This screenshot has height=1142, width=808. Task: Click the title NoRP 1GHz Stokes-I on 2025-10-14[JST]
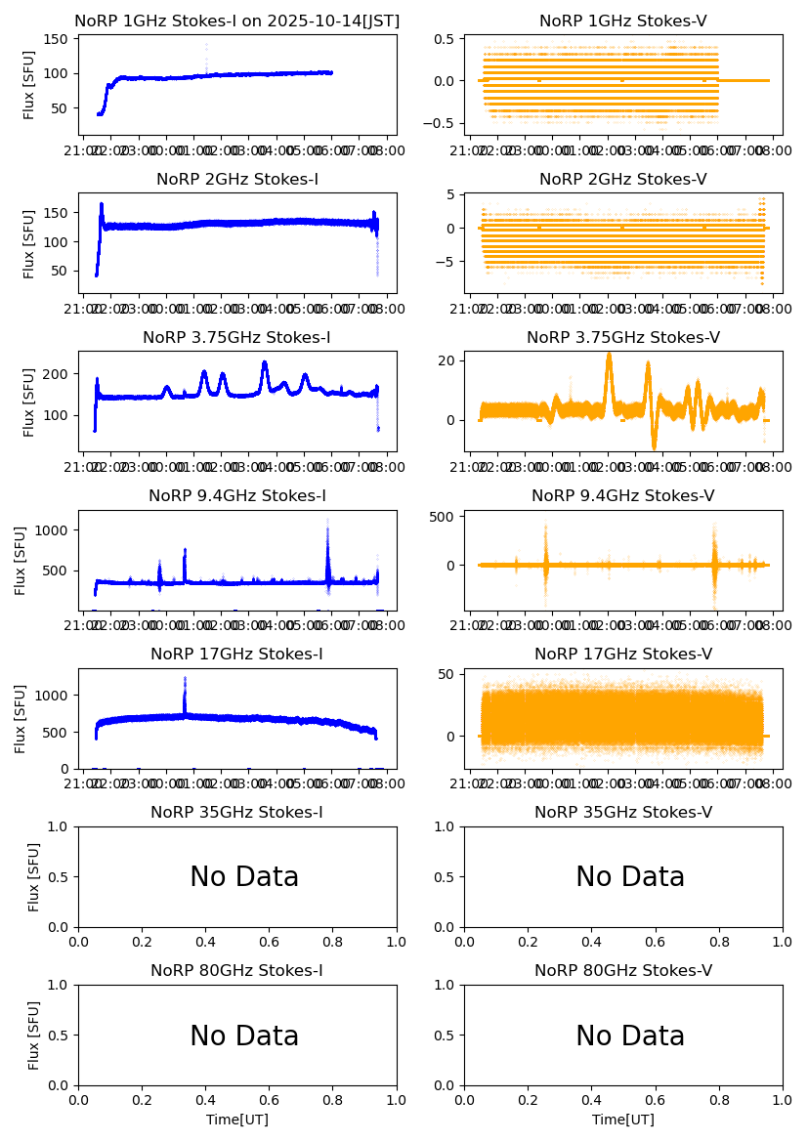(x=237, y=21)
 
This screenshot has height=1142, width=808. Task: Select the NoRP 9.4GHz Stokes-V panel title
(x=622, y=495)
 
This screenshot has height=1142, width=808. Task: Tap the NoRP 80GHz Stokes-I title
(x=236, y=970)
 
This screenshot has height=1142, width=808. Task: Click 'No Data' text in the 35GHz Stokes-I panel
(x=244, y=877)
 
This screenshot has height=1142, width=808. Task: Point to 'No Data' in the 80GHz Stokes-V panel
(x=630, y=1036)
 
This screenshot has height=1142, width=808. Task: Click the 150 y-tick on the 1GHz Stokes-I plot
(x=60, y=38)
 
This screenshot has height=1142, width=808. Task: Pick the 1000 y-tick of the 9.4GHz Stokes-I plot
(x=56, y=529)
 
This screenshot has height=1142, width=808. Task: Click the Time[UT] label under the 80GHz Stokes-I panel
(x=237, y=1120)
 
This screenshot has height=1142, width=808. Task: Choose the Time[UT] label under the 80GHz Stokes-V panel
(x=623, y=1120)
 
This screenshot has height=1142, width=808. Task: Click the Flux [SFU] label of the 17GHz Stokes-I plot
(x=21, y=718)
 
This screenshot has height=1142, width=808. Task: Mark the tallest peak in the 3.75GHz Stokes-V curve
(x=609, y=355)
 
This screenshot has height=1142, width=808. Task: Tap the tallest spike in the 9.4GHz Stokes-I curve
(x=327, y=521)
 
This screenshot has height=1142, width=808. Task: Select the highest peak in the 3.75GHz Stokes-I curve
(x=264, y=363)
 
